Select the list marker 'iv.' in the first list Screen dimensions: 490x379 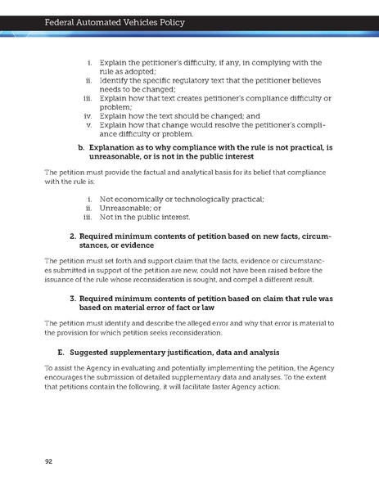pos(88,116)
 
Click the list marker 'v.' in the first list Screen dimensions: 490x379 pos(88,125)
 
